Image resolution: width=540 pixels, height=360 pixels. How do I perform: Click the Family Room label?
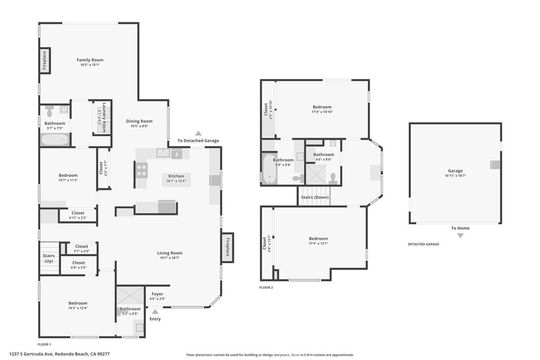(x=90, y=60)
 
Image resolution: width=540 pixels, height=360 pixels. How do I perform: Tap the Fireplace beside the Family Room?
(x=45, y=60)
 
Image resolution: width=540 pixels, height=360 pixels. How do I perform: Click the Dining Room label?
(x=139, y=121)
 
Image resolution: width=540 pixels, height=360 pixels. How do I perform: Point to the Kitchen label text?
(x=176, y=176)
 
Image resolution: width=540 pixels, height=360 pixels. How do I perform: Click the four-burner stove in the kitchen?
(x=142, y=170)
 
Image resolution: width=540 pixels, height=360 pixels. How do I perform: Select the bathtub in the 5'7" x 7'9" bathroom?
(x=55, y=140)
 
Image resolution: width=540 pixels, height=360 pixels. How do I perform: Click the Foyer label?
(x=157, y=294)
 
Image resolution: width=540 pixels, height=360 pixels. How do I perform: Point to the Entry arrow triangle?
(x=155, y=312)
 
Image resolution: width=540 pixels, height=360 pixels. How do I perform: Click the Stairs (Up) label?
(x=49, y=258)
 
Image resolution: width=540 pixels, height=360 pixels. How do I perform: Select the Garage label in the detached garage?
(x=455, y=171)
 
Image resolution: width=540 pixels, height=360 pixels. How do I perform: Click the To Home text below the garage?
(x=460, y=228)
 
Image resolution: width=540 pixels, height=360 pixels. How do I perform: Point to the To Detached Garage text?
(x=198, y=141)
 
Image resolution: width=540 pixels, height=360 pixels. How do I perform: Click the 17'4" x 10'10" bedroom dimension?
(x=322, y=112)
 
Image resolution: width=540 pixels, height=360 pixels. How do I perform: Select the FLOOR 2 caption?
(x=267, y=287)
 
